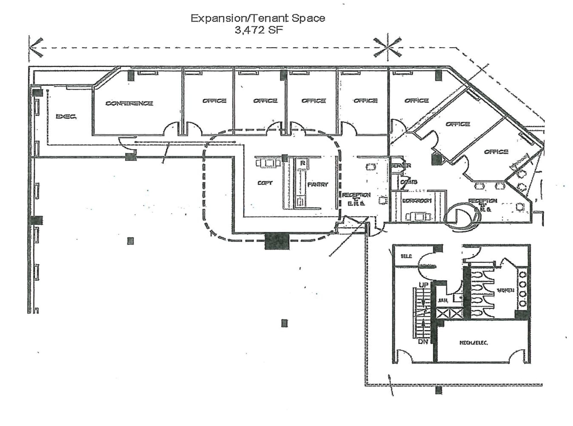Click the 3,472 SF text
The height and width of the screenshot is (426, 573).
[x=259, y=30]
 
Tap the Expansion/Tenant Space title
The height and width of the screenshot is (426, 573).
[x=258, y=18]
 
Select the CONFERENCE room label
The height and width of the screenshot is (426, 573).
[x=129, y=103]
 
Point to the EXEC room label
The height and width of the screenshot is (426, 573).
[x=66, y=116]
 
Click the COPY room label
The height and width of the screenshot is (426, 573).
[x=265, y=183]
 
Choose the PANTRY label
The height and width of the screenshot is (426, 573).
[x=318, y=184]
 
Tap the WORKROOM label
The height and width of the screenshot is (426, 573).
[x=417, y=201]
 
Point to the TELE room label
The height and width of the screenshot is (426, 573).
[x=406, y=256]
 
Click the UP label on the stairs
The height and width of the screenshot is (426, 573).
[x=423, y=285]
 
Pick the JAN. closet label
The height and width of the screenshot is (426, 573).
[x=443, y=301]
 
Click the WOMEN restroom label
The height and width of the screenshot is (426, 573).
[x=505, y=290]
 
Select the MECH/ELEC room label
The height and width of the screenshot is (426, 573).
[x=474, y=343]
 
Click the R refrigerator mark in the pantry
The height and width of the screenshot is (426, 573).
[x=302, y=163]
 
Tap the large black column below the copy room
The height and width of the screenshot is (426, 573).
[x=277, y=241]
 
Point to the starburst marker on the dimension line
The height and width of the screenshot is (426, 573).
[x=387, y=48]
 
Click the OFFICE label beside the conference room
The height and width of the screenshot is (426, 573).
[x=214, y=101]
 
